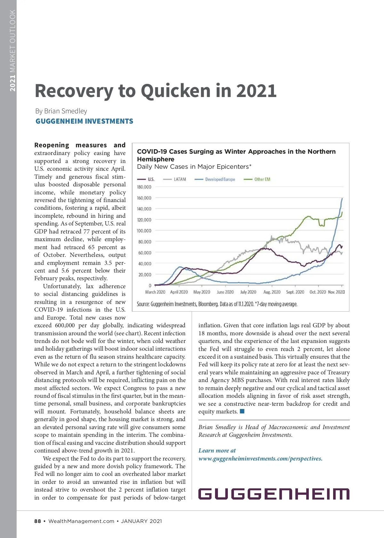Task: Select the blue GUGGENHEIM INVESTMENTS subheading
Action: click(x=84, y=121)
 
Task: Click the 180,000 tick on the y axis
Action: click(x=144, y=187)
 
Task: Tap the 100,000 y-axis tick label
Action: click(x=144, y=231)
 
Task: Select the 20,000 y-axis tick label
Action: click(x=145, y=275)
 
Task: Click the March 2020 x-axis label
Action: click(x=155, y=292)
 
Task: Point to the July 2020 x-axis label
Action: click(x=248, y=292)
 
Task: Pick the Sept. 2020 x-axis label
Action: click(x=295, y=292)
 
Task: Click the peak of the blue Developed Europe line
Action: click(x=342, y=199)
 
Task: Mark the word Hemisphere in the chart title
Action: click(x=156, y=159)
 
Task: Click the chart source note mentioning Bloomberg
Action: click(x=217, y=304)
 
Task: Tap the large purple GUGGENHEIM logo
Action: click(x=274, y=494)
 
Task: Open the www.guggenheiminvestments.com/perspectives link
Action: click(x=260, y=459)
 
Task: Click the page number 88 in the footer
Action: click(x=38, y=521)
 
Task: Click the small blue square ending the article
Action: click(x=242, y=411)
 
